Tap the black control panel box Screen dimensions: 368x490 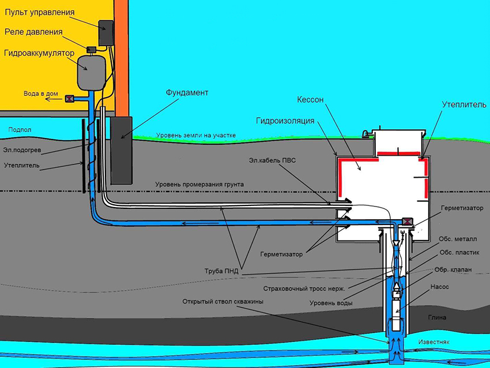point(106,33)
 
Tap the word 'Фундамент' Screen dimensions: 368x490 point(187,92)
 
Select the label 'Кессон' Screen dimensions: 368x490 point(312,99)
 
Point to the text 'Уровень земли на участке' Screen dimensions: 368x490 point(196,136)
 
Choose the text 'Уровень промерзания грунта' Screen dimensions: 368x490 point(199,185)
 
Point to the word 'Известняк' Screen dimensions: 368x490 point(453,341)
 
